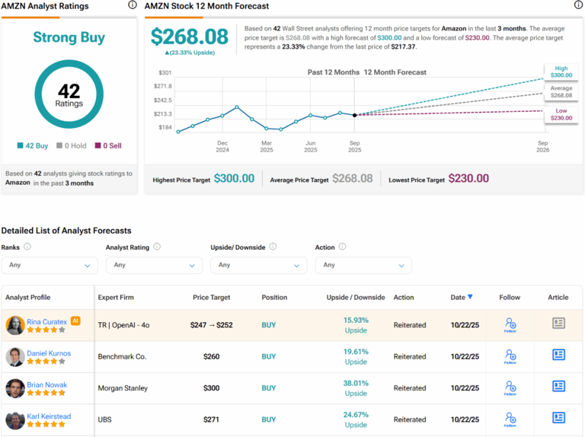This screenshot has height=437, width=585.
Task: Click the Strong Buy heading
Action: tap(69, 37)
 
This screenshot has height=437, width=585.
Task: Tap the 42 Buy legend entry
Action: tap(33, 145)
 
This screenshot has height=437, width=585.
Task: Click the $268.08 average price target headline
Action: tap(189, 37)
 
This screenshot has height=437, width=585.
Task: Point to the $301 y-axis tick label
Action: tap(165, 72)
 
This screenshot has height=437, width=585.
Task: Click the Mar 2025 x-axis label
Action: tap(267, 146)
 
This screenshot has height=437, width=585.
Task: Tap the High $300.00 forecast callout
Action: tap(561, 72)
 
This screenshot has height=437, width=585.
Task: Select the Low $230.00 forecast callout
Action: tap(561, 114)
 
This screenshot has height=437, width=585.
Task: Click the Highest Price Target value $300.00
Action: tap(234, 179)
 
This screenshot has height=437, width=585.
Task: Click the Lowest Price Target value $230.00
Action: tap(468, 179)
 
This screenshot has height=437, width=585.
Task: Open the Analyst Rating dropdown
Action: tap(154, 265)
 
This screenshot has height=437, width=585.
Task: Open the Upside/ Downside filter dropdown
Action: tap(258, 265)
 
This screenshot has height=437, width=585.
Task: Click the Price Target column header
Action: tap(211, 297)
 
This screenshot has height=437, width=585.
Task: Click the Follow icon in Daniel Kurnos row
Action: tap(510, 356)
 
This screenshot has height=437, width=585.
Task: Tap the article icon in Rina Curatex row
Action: tap(558, 324)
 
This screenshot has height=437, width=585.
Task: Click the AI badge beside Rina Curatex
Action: tap(75, 321)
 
